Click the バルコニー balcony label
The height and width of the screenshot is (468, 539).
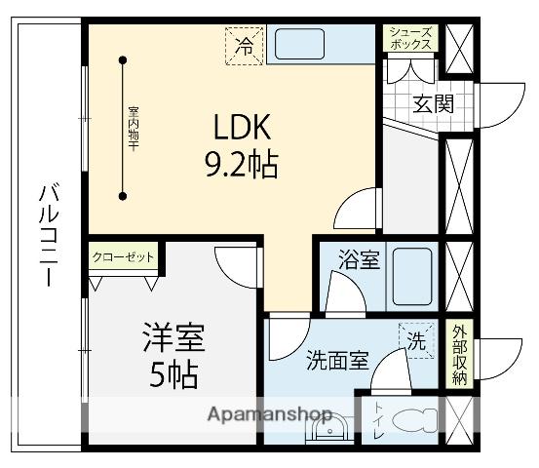tap(46, 234)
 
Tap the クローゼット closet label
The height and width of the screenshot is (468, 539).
tap(123, 257)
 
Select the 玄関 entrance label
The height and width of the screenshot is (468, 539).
tap(432, 104)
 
